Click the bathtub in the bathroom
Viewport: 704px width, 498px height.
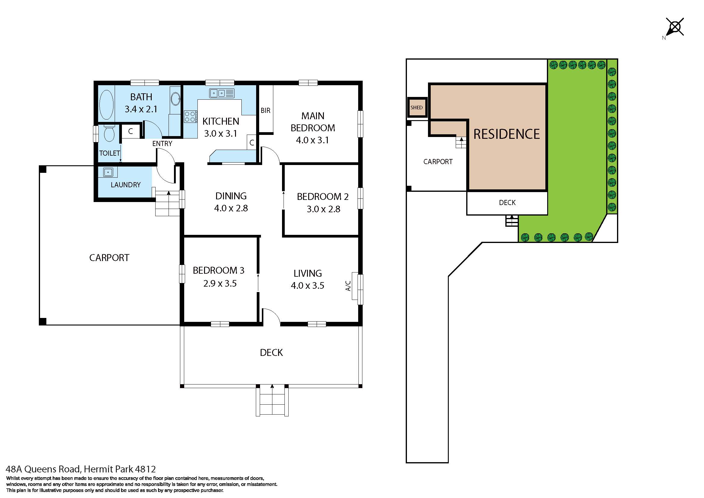tap(106, 104)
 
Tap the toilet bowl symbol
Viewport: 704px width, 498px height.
tap(109, 133)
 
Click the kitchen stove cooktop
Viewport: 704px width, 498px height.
tap(191, 117)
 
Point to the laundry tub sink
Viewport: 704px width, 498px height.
tap(108, 172)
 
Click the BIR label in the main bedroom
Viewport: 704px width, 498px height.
tap(265, 110)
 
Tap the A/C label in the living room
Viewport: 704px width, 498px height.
tap(348, 286)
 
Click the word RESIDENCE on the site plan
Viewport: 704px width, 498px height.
tap(507, 134)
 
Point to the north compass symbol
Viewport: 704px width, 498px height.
tap(675, 28)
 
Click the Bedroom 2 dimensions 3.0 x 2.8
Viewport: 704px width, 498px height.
tap(324, 209)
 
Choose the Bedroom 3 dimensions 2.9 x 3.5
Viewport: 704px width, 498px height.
tap(220, 283)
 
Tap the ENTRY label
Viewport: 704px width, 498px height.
tap(162, 144)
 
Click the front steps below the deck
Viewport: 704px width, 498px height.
tap(272, 401)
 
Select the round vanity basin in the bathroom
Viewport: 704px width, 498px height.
tap(175, 99)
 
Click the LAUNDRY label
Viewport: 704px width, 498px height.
tap(126, 185)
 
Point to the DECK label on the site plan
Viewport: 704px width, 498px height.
tap(507, 203)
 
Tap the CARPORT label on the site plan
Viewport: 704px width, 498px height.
tap(438, 162)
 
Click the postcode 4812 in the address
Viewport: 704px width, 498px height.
tap(145, 469)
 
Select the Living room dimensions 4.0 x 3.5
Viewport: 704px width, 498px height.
tap(308, 285)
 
